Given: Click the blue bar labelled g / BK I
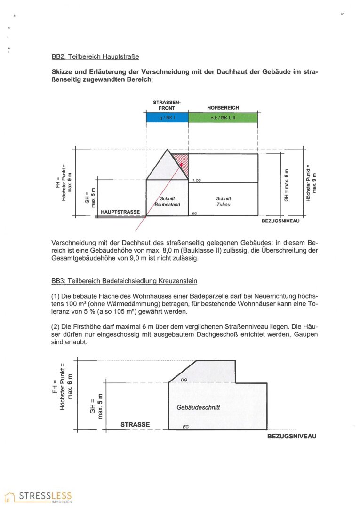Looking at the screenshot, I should [167, 118].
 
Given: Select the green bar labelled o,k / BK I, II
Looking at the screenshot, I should [223, 118].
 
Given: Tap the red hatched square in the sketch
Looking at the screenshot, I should [180, 162].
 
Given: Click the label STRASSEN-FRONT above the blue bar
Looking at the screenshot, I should [167, 105].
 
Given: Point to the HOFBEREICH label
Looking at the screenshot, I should [223, 108].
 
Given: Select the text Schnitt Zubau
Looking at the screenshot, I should [223, 202].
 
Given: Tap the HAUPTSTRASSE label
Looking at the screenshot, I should [120, 212].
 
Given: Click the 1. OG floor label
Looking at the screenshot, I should [197, 181].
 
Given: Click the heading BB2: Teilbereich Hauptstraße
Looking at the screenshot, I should [95, 57].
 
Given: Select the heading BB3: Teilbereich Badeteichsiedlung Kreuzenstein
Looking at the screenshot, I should [124, 281].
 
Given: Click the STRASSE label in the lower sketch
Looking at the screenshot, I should [135, 425].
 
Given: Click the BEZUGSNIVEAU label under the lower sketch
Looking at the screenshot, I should [291, 436].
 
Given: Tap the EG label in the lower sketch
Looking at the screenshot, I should [185, 427].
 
